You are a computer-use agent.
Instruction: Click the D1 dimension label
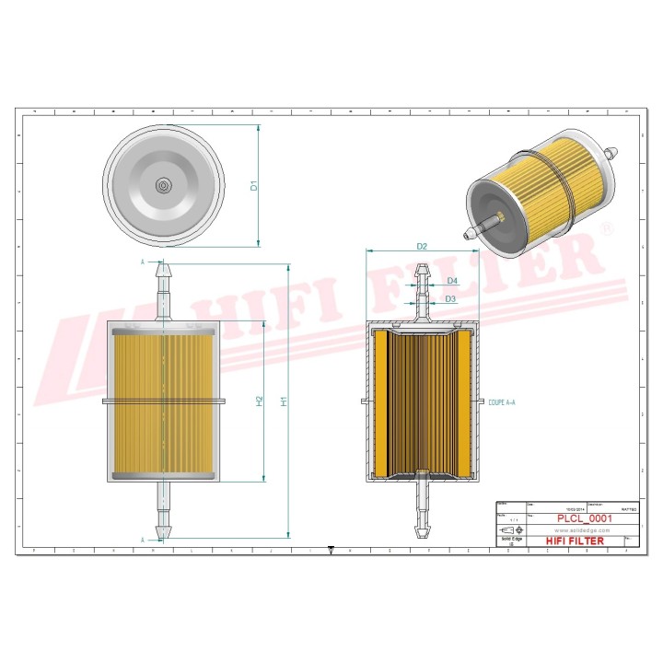pyautogui.click(x=254, y=186)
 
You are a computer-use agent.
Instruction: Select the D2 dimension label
pyautogui.click(x=422, y=246)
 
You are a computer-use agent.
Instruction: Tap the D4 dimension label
pyautogui.click(x=451, y=280)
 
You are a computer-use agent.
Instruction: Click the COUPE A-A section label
pyautogui.click(x=502, y=402)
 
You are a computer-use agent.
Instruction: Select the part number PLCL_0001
pyautogui.click(x=583, y=518)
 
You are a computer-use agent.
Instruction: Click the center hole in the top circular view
pyautogui.click(x=163, y=185)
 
